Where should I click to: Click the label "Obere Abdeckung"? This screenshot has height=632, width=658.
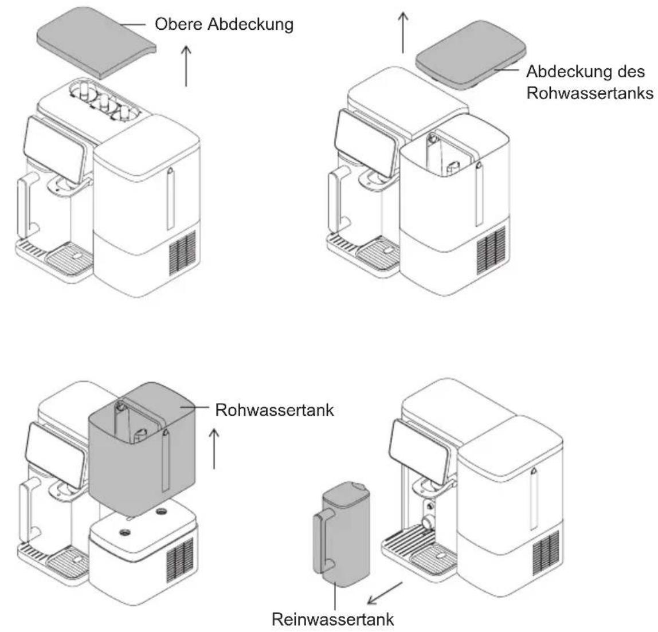[224, 24]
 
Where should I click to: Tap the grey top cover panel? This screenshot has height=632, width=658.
[96, 42]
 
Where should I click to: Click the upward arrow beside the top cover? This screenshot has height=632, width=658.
[186, 66]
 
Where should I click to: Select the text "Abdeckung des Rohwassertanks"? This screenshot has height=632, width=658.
[590, 82]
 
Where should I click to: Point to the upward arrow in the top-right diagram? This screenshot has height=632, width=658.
[403, 33]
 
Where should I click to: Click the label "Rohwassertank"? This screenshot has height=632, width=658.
[275, 410]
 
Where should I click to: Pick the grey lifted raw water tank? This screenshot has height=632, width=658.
[142, 449]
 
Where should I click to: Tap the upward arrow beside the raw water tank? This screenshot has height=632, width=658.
[214, 449]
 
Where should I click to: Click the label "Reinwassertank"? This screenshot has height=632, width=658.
[333, 619]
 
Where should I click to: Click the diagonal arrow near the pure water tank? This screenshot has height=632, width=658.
[385, 593]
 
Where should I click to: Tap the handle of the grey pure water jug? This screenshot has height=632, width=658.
[324, 544]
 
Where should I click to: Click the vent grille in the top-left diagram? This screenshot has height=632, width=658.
[183, 253]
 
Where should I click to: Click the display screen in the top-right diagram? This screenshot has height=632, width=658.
[366, 143]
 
